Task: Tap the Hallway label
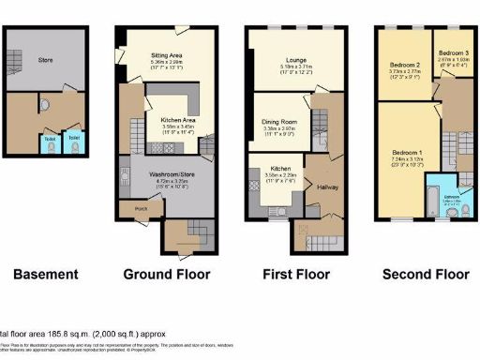coord(327,188)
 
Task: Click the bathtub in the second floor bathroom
coord(423,217)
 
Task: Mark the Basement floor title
coord(45,275)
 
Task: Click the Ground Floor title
coord(167,275)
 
